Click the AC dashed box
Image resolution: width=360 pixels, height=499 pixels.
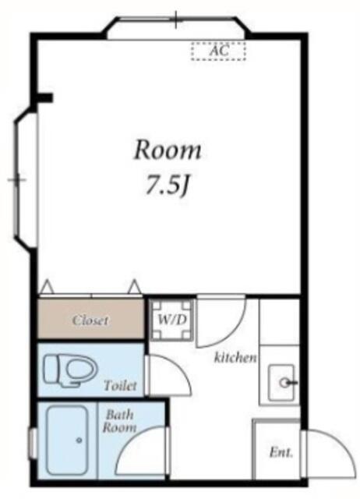[x=218, y=51]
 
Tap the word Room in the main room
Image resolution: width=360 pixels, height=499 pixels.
[x=168, y=150]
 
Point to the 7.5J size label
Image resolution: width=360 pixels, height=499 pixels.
[x=168, y=186]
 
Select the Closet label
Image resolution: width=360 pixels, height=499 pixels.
[x=90, y=320]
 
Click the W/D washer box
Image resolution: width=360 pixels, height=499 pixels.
[x=171, y=320]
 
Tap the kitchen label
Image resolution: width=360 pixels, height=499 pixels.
[x=235, y=357]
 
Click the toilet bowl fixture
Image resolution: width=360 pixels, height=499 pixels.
[x=71, y=370]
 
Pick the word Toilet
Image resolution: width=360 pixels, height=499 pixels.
[x=120, y=386]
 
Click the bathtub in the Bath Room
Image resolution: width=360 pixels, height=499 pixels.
[x=67, y=440]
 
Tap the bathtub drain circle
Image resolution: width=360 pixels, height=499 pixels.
[x=79, y=441]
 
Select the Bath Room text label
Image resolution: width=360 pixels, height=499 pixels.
[x=119, y=421]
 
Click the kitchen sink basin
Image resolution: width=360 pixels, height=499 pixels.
[x=281, y=383]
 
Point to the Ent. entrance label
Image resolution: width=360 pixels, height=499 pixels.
[x=281, y=452]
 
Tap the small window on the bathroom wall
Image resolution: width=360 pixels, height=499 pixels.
[x=33, y=444]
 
